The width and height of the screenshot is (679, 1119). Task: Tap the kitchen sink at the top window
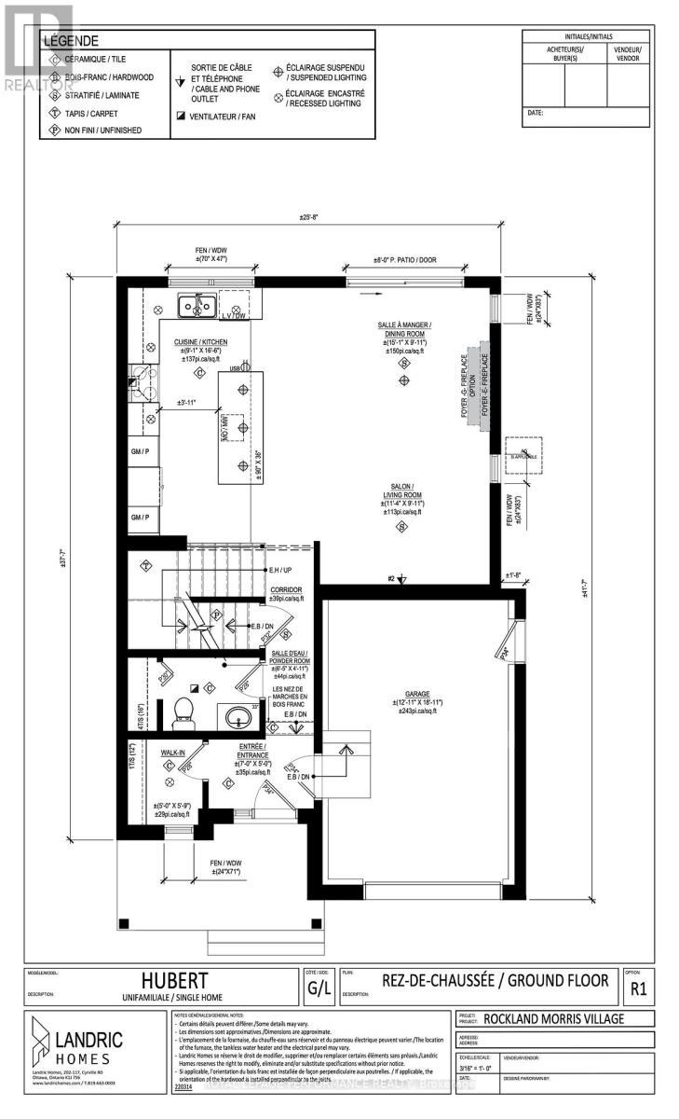click(x=197, y=304)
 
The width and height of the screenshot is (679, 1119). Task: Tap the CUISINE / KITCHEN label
click(x=199, y=342)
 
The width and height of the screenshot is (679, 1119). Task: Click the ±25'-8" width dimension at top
click(x=309, y=217)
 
